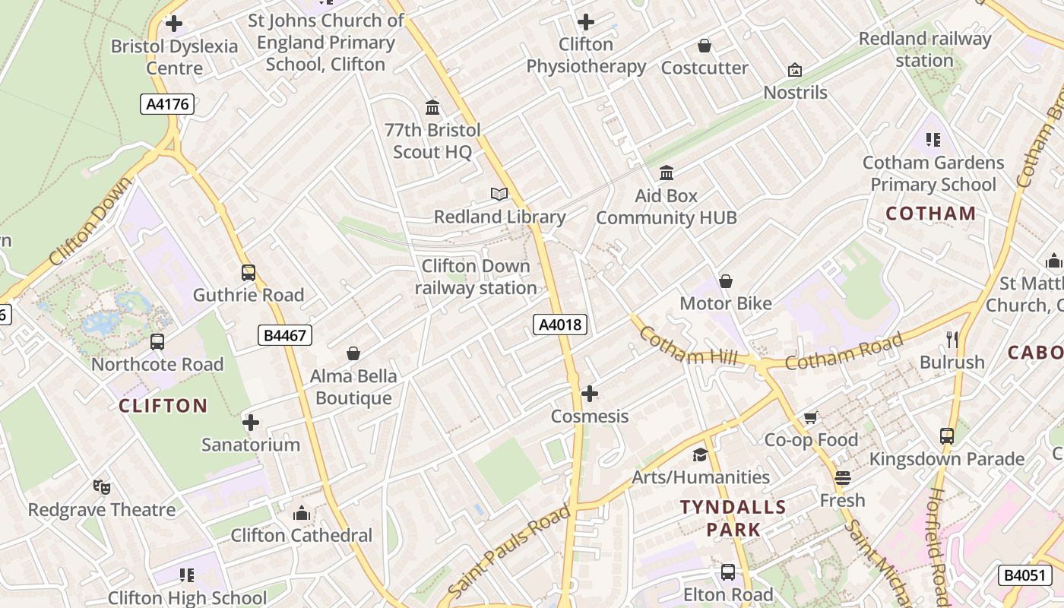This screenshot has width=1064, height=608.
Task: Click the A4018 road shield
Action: point(560,325)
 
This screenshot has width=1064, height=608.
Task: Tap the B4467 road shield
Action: point(285,334)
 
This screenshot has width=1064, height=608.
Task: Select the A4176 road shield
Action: point(167,104)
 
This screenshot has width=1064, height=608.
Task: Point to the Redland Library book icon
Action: point(499,195)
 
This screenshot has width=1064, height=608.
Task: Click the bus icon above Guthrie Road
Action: point(248,273)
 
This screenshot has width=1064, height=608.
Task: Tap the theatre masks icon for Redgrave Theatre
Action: point(101,486)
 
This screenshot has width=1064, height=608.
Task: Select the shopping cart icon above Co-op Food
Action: point(811,417)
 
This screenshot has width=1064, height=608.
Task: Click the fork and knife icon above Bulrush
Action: point(952,339)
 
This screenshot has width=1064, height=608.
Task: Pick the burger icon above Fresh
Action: point(842,478)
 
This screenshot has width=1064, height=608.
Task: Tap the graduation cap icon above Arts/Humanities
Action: point(700,454)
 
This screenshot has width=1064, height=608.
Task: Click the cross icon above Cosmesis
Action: point(589,394)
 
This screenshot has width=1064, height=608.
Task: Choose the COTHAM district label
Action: point(930,214)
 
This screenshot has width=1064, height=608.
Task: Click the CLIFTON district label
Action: point(163,406)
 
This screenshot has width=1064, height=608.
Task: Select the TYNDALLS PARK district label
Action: point(733,518)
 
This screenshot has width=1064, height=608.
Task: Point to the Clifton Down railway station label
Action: point(476,277)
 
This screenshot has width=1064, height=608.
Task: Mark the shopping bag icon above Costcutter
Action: point(705,46)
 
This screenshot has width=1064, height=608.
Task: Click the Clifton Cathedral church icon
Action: point(302,513)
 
